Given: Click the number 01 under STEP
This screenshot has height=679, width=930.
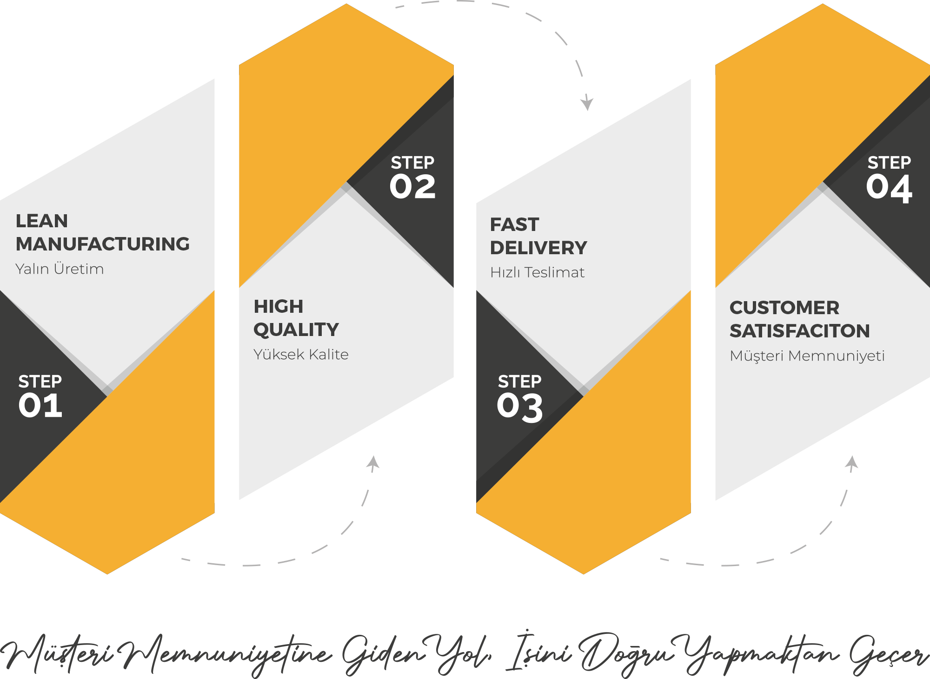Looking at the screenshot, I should [40, 405].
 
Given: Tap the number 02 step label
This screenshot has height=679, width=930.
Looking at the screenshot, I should [412, 187].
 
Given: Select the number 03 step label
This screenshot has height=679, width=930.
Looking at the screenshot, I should [519, 407].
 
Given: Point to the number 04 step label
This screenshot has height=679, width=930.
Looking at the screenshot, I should [889, 188].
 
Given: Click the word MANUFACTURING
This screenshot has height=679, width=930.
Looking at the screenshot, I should [103, 244].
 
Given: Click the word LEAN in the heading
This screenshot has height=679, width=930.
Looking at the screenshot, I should [42, 221].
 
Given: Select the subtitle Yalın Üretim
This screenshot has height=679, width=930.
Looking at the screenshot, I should [60, 269].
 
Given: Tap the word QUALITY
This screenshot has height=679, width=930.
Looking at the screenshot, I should [296, 330].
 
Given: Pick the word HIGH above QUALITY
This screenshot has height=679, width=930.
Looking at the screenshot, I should [279, 306].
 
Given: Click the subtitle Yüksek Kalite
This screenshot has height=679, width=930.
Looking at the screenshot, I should [301, 355].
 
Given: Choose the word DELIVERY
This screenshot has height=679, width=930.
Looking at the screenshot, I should [538, 248].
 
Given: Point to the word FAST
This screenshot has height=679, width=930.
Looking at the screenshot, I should [514, 224].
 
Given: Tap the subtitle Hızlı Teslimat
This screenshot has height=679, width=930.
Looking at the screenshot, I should [537, 272].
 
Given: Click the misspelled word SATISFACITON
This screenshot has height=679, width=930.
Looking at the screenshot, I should [799, 331].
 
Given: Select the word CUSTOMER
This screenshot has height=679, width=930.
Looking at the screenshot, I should [784, 308].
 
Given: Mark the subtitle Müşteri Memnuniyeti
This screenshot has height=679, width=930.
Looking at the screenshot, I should [807, 356].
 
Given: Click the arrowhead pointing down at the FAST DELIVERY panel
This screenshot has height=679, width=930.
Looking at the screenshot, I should [587, 103].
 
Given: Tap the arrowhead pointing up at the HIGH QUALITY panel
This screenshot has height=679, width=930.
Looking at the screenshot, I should [373, 462].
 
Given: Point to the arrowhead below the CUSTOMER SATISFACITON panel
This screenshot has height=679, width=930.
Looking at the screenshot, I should [852, 462].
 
